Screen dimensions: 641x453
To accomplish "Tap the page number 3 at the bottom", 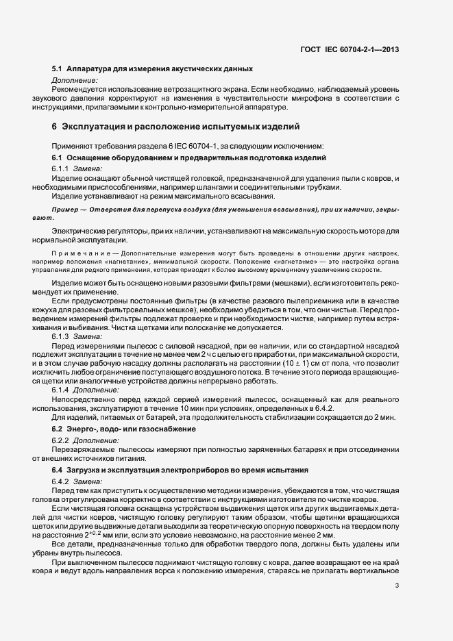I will pyautogui.click(x=397, y=586).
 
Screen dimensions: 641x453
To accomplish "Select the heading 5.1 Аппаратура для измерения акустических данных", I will pyautogui.click(x=152, y=69).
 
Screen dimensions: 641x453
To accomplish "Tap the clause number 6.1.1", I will pyautogui.click(x=60, y=168).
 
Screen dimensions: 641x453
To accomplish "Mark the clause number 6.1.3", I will pyautogui.click(x=60, y=336).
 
